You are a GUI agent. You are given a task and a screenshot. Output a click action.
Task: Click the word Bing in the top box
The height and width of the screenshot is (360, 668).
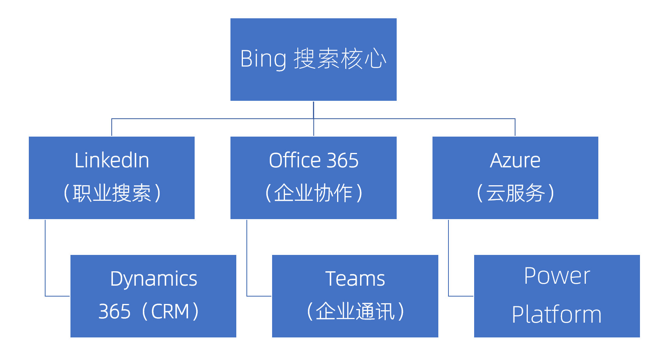point(263,59)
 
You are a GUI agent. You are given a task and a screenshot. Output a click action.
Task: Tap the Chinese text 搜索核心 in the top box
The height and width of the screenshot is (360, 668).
point(339,59)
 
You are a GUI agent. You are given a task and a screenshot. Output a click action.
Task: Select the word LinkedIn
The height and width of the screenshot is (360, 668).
point(112,160)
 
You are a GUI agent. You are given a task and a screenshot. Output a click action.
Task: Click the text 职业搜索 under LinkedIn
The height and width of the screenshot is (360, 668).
point(112,193)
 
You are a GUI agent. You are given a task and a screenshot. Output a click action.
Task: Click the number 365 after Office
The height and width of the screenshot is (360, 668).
point(343,160)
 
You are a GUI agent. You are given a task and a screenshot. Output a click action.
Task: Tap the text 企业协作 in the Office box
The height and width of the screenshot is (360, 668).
point(313,193)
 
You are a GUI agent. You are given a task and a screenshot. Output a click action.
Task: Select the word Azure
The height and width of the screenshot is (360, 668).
point(515,160)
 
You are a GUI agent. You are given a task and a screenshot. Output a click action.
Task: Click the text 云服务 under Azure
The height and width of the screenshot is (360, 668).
point(515,193)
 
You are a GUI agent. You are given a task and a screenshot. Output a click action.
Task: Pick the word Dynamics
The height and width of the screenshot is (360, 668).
point(153,279)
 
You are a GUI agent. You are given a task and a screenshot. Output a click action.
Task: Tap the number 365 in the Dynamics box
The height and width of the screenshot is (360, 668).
point(114,312)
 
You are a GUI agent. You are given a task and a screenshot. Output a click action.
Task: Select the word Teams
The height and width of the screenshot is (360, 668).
point(355,279)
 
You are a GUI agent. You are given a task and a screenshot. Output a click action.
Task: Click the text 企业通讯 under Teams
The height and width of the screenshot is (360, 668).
point(355,312)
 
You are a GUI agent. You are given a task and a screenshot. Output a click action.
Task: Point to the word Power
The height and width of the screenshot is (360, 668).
point(557,276)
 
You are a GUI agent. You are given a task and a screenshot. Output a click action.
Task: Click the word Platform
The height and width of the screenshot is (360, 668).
point(557,314)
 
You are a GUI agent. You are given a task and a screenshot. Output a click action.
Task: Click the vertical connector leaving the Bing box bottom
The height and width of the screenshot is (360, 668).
point(313,110)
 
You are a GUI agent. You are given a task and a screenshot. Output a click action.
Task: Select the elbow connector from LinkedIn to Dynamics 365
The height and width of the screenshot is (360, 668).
point(45,265)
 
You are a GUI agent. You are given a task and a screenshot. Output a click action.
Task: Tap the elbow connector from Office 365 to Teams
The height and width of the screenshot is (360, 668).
point(247,265)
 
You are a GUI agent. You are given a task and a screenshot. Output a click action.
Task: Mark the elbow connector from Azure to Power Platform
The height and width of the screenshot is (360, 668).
point(448,265)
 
